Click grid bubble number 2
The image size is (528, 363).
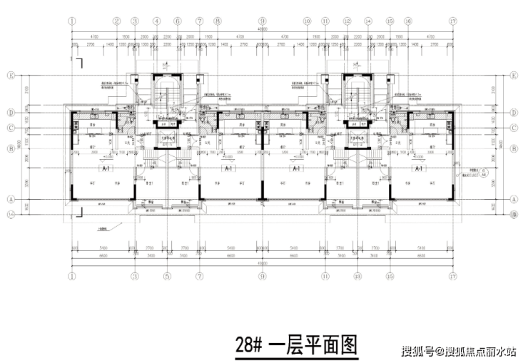[115, 21]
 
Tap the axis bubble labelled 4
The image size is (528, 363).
[156, 21]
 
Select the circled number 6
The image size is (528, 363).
[177, 21]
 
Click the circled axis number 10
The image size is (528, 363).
[308, 21]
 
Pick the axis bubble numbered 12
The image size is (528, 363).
[347, 21]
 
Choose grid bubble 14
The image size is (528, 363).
[368, 21]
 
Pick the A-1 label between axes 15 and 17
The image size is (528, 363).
[419, 170]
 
